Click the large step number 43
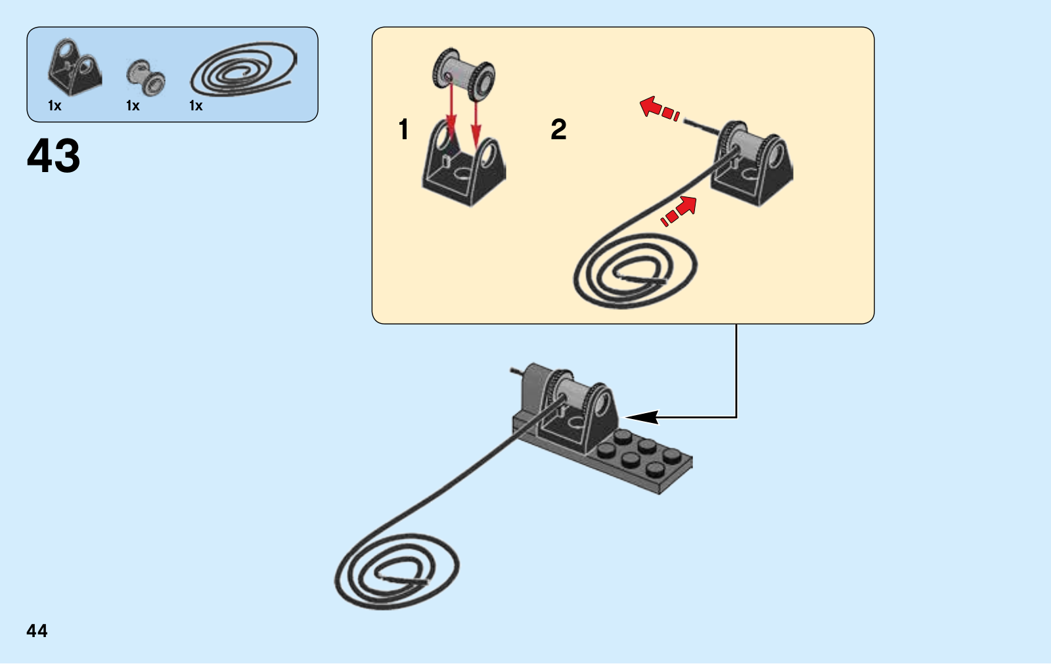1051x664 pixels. [x=54, y=156]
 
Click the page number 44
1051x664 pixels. [x=37, y=631]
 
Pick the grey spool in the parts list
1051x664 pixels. [x=146, y=77]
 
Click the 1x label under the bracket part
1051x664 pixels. [x=55, y=106]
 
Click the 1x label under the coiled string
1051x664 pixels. [x=196, y=106]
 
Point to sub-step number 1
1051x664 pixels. [x=404, y=129]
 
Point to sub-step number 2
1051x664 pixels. [x=558, y=129]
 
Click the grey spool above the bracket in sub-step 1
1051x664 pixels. [x=464, y=74]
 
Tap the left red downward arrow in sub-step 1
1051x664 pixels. [x=451, y=105]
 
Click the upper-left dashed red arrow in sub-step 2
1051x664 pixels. [x=659, y=108]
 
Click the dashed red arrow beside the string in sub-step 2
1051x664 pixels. [x=679, y=211]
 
